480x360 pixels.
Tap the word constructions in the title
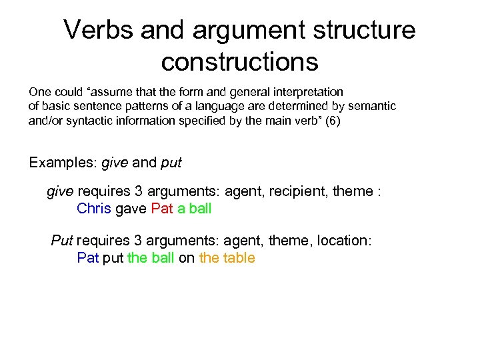click(239, 61)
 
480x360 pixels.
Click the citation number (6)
click(331, 121)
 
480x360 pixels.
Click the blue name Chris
click(94, 209)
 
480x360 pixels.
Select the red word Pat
click(162, 209)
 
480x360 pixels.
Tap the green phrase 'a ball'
click(194, 209)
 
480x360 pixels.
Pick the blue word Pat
click(87, 258)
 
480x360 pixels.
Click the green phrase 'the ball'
click(151, 258)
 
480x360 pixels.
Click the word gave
click(131, 209)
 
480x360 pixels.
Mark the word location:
click(345, 241)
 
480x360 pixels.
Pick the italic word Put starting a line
click(62, 241)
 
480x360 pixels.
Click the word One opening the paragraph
click(39, 91)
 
